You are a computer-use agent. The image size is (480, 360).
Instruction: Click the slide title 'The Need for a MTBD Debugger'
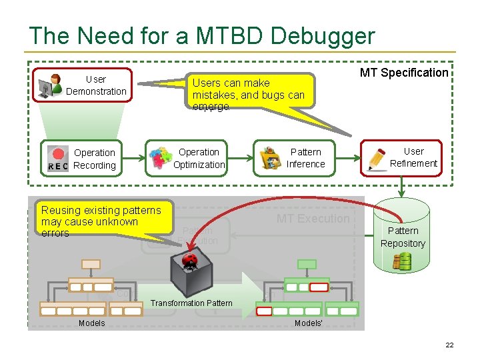(202, 36)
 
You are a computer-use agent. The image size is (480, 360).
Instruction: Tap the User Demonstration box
(85, 85)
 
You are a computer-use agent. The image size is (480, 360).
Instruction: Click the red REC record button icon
(59, 153)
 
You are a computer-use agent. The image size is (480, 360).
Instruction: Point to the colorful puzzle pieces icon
(160, 159)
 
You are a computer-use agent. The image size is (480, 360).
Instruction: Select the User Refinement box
(401, 157)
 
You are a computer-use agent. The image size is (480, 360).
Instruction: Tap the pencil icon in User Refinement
(377, 157)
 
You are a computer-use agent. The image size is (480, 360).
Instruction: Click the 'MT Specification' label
(404, 73)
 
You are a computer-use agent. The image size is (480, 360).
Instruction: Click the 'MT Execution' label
(313, 219)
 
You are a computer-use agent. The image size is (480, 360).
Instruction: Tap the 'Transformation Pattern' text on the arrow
(191, 303)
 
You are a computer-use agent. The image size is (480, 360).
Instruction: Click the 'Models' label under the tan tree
(91, 323)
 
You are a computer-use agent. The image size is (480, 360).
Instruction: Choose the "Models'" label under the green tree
(309, 323)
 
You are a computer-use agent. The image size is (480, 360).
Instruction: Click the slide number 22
(449, 345)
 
